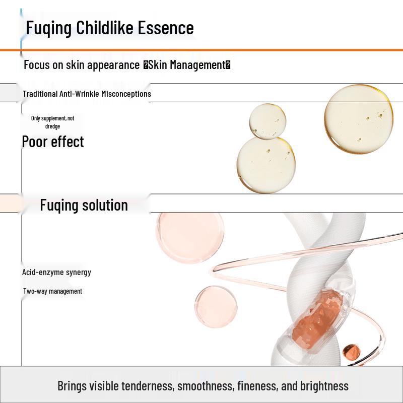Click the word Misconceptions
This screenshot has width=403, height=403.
[126, 94]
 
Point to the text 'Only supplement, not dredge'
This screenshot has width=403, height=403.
[52, 122]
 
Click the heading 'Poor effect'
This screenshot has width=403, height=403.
[53, 142]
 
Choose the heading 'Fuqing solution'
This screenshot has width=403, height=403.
[84, 205]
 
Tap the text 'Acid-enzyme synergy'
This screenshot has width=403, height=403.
[56, 272]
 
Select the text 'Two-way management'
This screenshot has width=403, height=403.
[52, 291]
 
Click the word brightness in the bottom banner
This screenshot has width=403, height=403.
[324, 386]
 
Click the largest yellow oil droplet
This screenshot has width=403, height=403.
[358, 119]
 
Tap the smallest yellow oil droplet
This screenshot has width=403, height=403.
[267, 121]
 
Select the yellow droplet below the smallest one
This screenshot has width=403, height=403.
[266, 164]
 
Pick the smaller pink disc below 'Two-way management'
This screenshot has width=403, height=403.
[216, 306]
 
